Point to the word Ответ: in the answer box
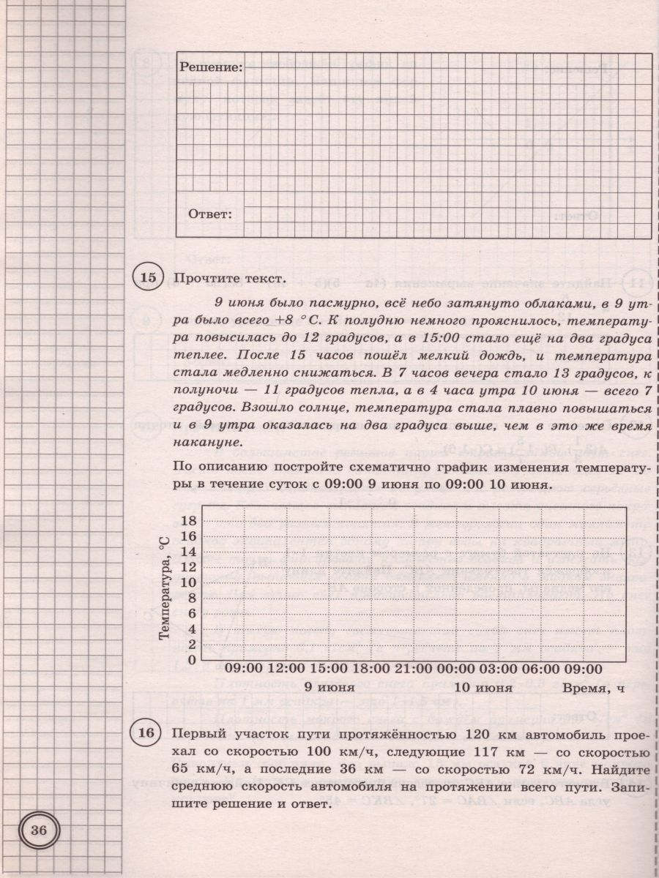[210, 214]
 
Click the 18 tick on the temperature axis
[188, 521]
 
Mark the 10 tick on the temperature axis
[188, 582]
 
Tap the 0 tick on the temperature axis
[192, 659]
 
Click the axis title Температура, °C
[165, 588]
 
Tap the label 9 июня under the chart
[330, 688]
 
